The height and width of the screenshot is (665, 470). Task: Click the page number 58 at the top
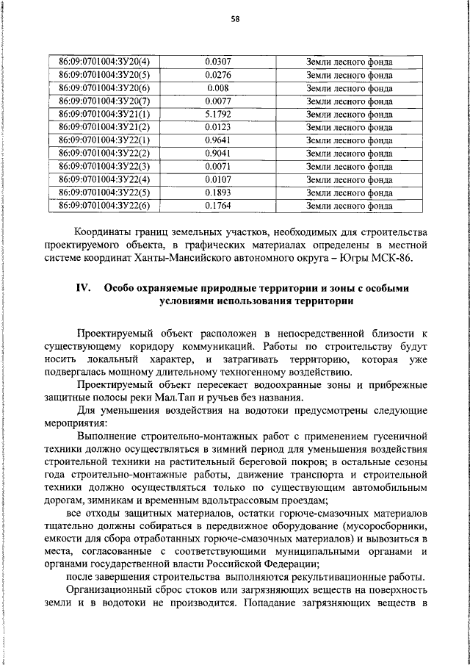[235, 19]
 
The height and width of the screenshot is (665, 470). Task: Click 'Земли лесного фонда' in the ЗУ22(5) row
[349, 193]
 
